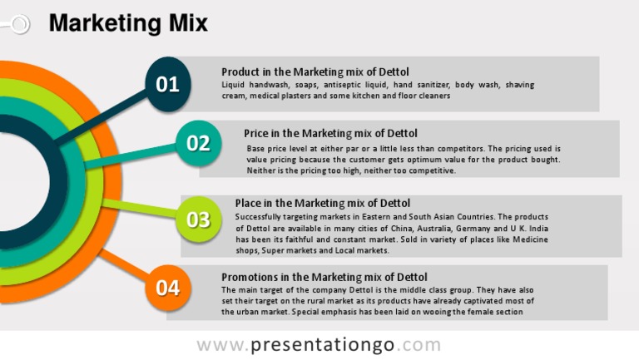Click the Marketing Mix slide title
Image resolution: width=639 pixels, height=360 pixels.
click(x=128, y=23)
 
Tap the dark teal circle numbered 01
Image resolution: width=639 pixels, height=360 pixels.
click(x=167, y=83)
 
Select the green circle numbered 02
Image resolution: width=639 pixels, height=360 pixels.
click(x=198, y=143)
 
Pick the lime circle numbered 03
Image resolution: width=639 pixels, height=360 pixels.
click(x=198, y=219)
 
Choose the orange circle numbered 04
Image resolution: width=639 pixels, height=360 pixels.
click(x=167, y=288)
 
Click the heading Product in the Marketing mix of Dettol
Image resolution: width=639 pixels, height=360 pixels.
click(x=315, y=72)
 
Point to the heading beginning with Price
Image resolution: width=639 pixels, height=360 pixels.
click(x=330, y=133)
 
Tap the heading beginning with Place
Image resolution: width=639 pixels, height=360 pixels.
click(x=322, y=203)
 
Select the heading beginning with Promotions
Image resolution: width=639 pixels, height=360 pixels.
click(x=324, y=277)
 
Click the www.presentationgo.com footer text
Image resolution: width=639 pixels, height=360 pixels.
click(x=319, y=344)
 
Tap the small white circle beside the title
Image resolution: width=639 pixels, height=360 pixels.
click(x=18, y=25)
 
